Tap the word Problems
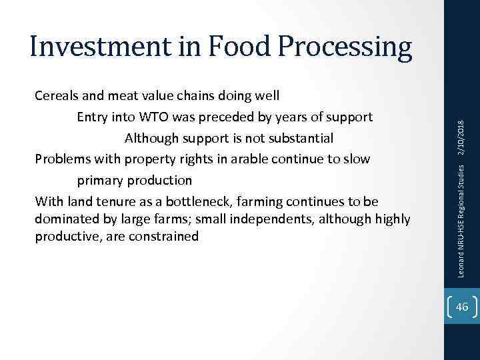[x=61, y=160]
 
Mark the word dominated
[x=65, y=219]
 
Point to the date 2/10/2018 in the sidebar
[x=461, y=131]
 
